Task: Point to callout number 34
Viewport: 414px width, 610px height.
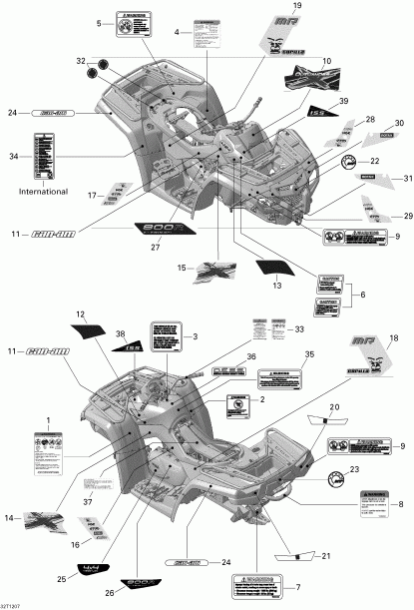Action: pyautogui.click(x=13, y=156)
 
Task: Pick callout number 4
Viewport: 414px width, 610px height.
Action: pyautogui.click(x=177, y=33)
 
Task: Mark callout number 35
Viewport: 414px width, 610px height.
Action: pyautogui.click(x=309, y=354)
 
